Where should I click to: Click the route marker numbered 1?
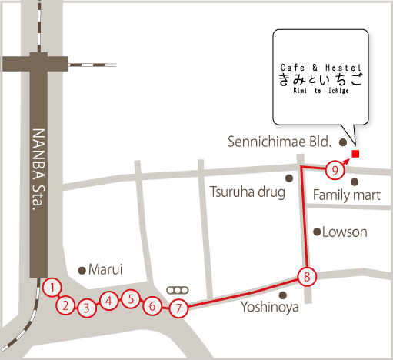[52, 288]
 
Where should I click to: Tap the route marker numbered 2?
[67, 305]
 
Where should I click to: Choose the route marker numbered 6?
[152, 306]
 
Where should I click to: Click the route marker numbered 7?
[178, 309]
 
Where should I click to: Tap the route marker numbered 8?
[306, 276]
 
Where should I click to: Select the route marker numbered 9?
[334, 169]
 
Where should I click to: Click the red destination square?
[355, 154]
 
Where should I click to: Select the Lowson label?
[345, 232]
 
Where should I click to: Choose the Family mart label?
[346, 196]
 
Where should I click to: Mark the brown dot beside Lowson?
[316, 232]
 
